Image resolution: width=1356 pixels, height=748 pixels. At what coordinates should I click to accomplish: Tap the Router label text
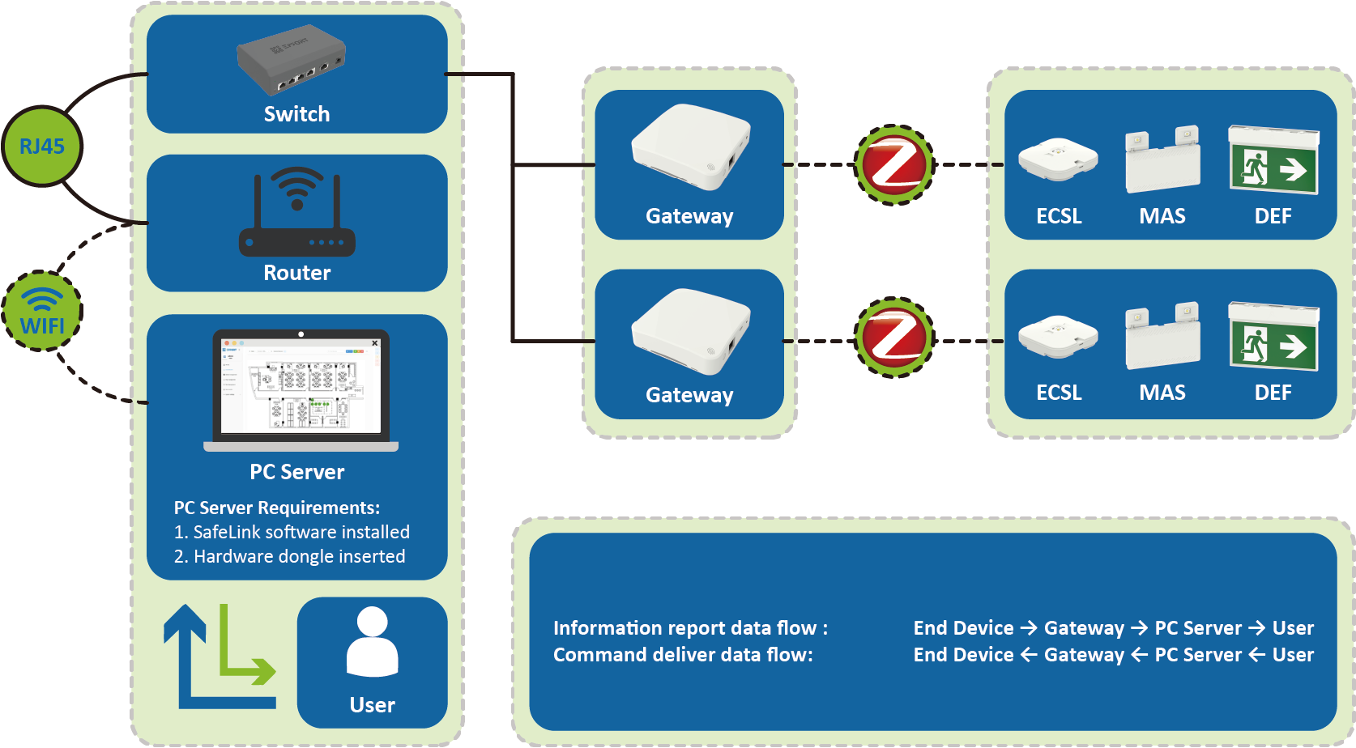tap(297, 273)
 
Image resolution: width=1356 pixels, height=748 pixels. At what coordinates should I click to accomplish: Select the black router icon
tap(296, 212)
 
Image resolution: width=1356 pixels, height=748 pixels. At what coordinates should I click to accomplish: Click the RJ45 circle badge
tap(42, 147)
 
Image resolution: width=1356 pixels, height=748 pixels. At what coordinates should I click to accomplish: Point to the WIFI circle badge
tap(42, 312)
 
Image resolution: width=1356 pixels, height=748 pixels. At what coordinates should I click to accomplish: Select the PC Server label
tap(297, 472)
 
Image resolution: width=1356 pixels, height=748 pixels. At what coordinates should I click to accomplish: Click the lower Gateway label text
tap(689, 395)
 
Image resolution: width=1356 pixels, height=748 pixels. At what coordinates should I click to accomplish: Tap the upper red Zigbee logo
tap(894, 165)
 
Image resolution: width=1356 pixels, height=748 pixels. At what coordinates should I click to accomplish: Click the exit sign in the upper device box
tap(1273, 159)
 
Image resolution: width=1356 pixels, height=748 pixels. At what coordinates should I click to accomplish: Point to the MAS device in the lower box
tap(1162, 337)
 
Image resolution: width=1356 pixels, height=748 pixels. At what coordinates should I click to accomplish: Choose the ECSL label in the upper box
tap(1059, 216)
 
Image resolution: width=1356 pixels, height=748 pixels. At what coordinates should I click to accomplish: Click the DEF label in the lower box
tap(1273, 393)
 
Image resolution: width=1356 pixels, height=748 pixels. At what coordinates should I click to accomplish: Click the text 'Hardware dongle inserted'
tap(300, 557)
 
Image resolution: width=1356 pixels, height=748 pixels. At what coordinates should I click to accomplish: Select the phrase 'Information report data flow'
tap(684, 628)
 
